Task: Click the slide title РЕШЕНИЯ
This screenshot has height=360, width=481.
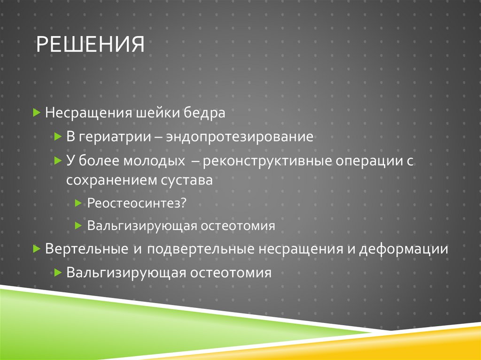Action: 90,46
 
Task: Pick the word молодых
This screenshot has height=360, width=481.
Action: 154,161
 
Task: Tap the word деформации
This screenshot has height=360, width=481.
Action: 404,249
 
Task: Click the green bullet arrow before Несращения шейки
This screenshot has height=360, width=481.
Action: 37,114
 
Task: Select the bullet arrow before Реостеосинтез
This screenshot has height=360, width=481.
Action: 78,203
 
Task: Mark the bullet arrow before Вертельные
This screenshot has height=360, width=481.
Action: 37,249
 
